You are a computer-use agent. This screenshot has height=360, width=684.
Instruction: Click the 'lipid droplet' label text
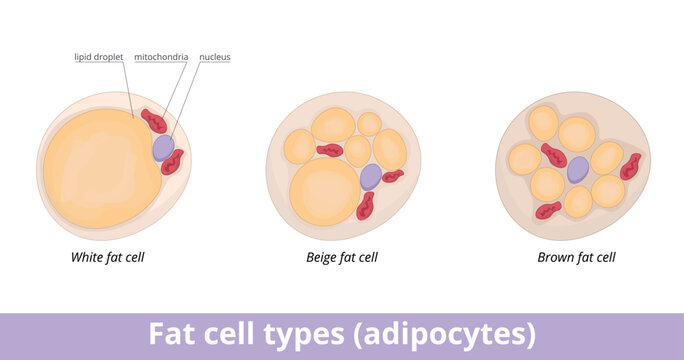tap(98, 57)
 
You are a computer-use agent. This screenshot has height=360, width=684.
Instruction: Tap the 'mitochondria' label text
tap(161, 57)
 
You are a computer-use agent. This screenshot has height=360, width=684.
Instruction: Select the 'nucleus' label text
tap(215, 57)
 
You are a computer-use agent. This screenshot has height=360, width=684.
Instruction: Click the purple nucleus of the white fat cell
tap(163, 147)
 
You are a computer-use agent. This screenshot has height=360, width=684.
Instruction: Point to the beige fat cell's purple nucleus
tap(370, 176)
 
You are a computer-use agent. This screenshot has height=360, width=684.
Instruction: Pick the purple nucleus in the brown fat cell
tap(578, 169)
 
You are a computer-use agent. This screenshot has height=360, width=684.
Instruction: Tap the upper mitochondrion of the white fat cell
tap(154, 122)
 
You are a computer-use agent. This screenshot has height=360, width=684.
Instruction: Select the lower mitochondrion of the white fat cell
tap(173, 162)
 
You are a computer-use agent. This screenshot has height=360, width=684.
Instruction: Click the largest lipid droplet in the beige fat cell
tap(323, 191)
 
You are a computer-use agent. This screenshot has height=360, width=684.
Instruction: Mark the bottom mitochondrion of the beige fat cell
tap(367, 206)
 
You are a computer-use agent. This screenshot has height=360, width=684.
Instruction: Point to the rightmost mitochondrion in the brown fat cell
tap(630, 166)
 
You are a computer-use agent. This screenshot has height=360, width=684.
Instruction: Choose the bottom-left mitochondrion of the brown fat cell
tap(548, 210)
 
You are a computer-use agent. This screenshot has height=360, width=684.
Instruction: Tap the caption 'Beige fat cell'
tap(341, 257)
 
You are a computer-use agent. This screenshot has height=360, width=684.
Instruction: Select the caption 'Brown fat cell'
tap(576, 257)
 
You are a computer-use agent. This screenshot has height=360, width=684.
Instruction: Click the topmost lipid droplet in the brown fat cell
tap(544, 123)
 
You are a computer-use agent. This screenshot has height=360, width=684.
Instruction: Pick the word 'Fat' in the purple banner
tap(169, 333)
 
